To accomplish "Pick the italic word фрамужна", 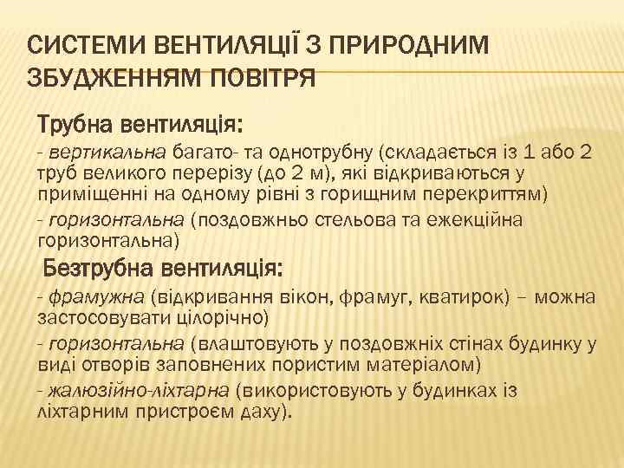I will pyautogui.click(x=97, y=297).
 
